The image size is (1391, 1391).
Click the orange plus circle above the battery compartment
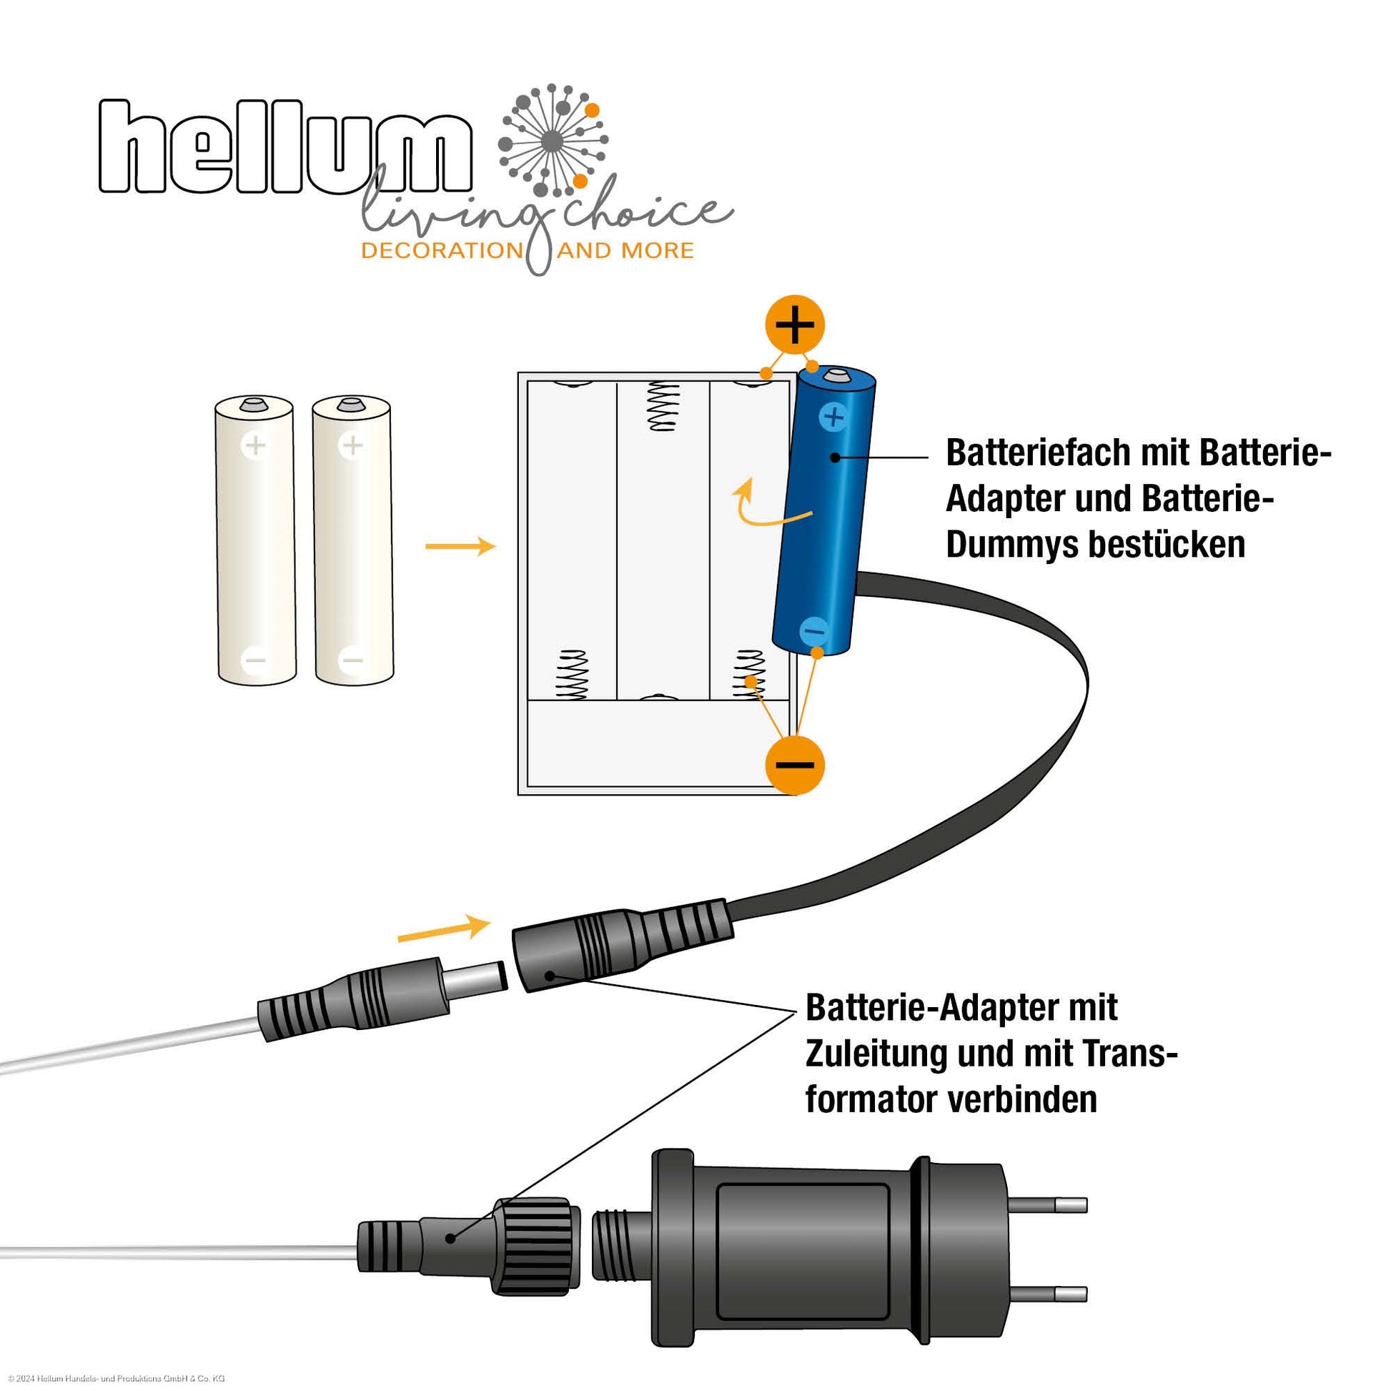click(x=794, y=325)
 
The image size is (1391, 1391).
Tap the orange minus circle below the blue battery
click(x=794, y=765)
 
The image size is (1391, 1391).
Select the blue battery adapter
click(x=824, y=511)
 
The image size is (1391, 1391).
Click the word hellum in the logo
click(x=284, y=147)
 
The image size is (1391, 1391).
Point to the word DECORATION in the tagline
click(x=441, y=252)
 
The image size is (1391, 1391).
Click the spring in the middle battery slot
click(x=664, y=407)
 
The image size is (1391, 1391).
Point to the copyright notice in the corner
click(x=116, y=1378)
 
